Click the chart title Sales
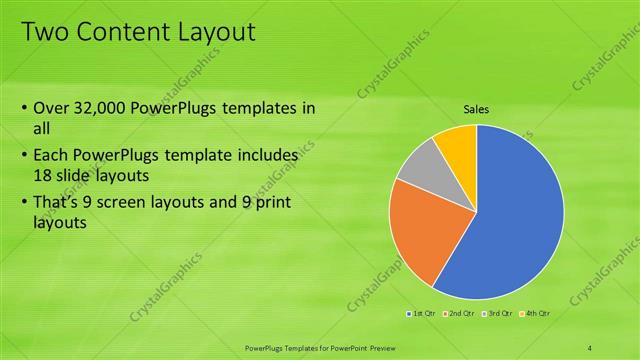[x=476, y=109]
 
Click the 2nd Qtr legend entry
[x=459, y=313]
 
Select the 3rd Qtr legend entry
[x=496, y=313]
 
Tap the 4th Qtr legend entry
[x=534, y=313]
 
